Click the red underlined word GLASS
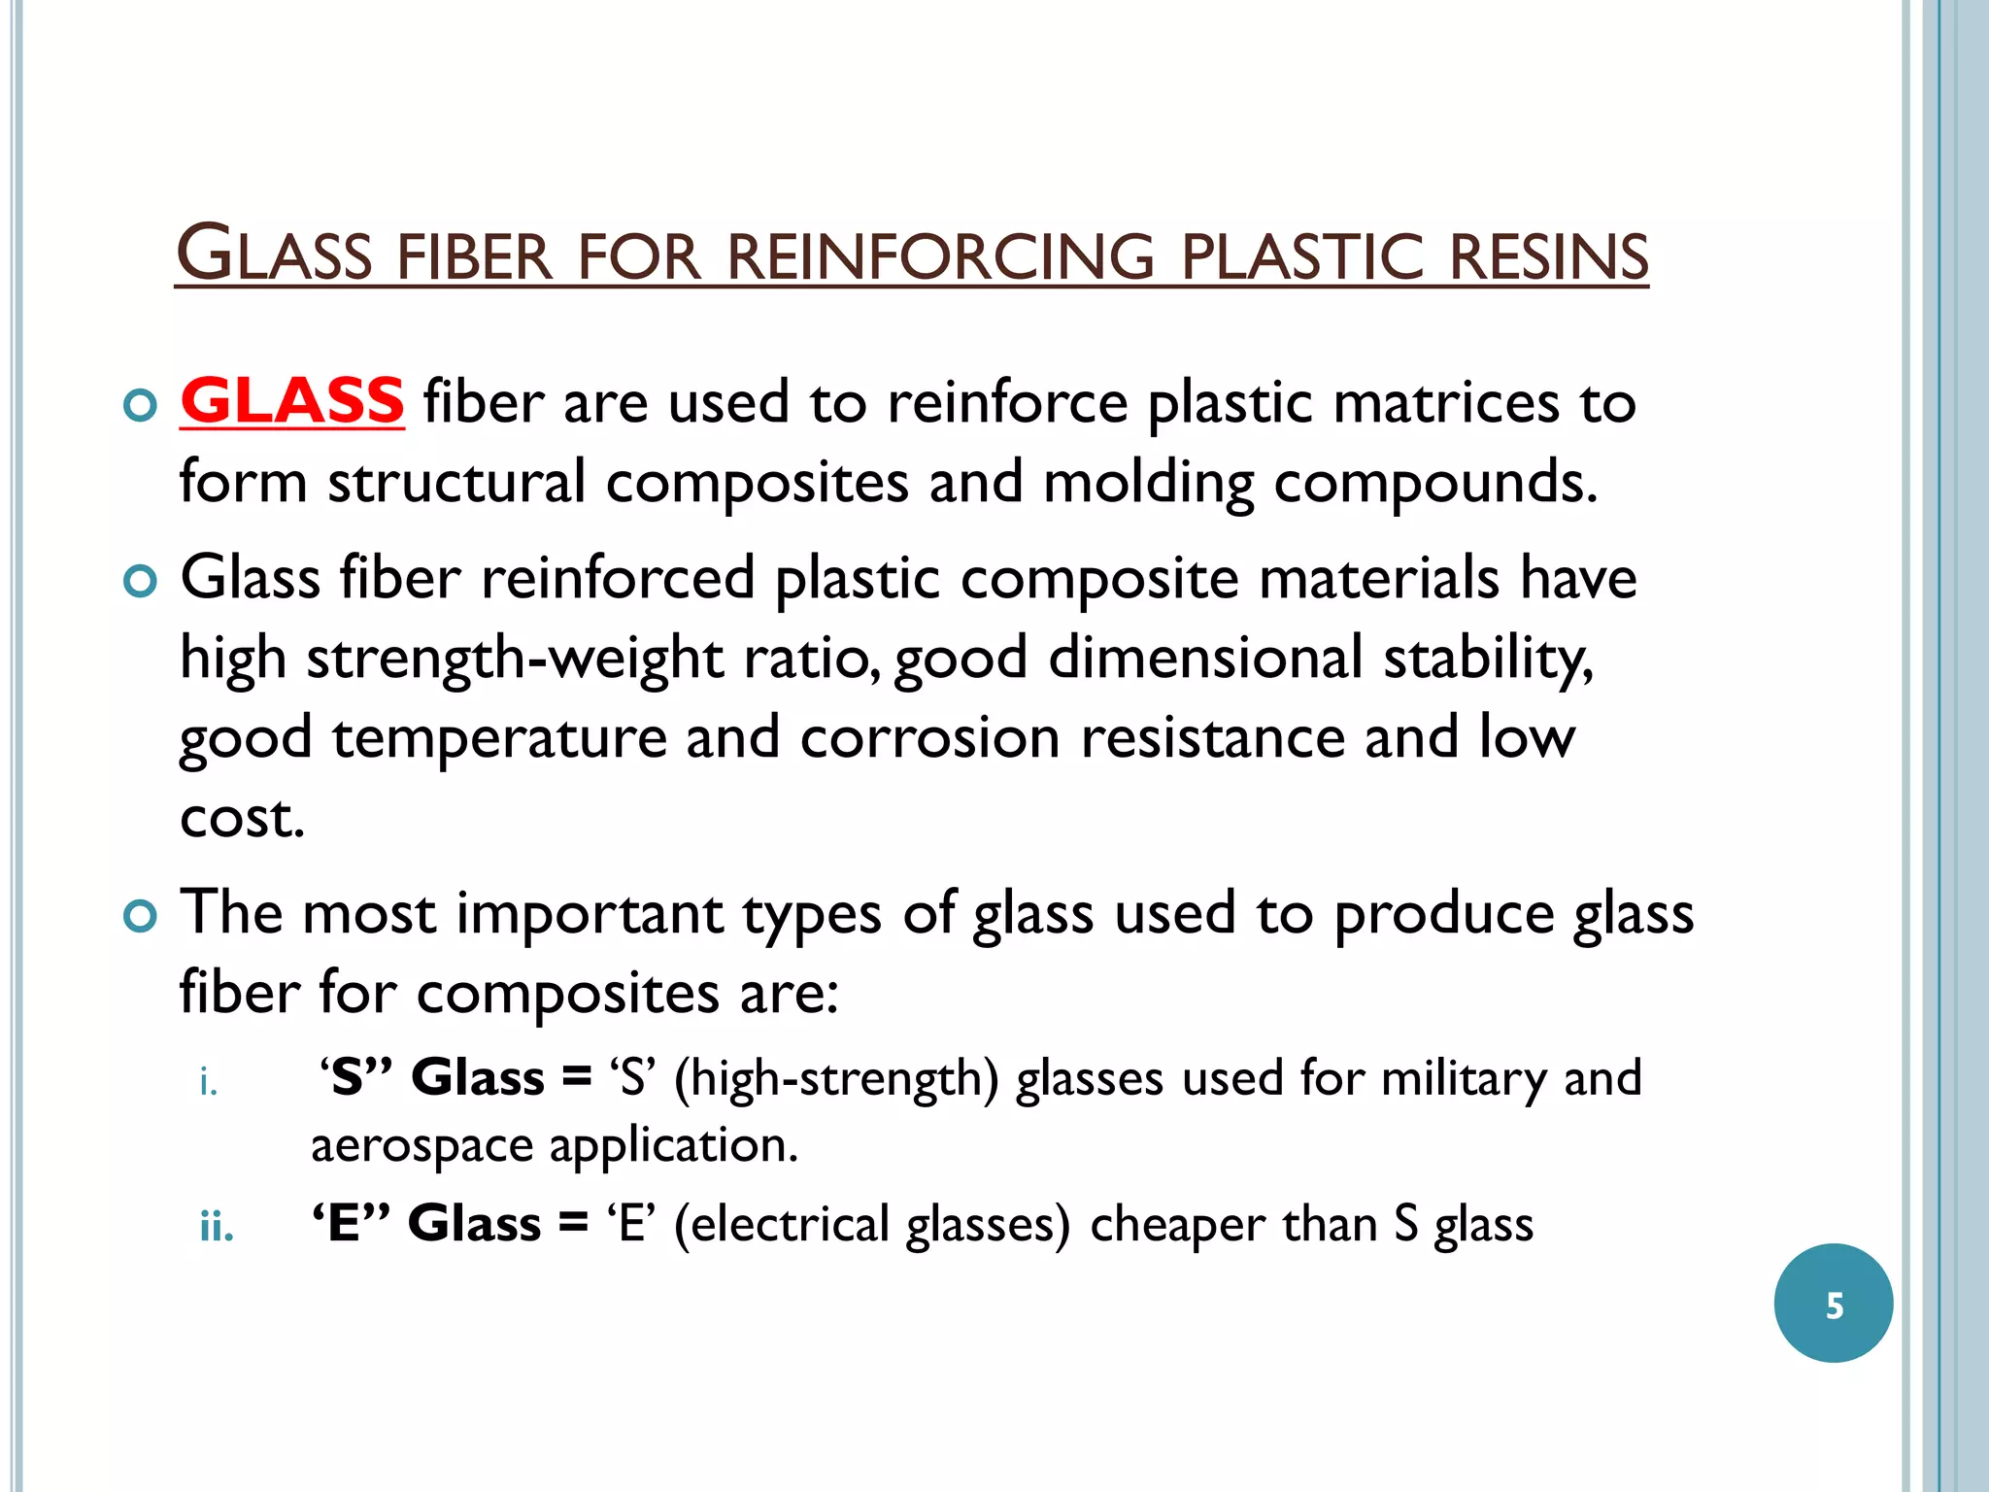coord(291,401)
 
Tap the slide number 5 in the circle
coord(1834,1305)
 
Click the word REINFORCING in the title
coord(940,257)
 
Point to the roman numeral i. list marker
coord(208,1082)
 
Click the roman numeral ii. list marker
coord(216,1228)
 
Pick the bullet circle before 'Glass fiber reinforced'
coord(141,581)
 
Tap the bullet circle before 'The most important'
coord(141,916)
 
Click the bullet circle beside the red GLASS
coord(141,405)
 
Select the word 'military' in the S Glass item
coord(1463,1079)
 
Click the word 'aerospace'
coord(421,1146)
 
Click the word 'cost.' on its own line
coord(242,819)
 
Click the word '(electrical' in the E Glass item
coord(781,1224)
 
